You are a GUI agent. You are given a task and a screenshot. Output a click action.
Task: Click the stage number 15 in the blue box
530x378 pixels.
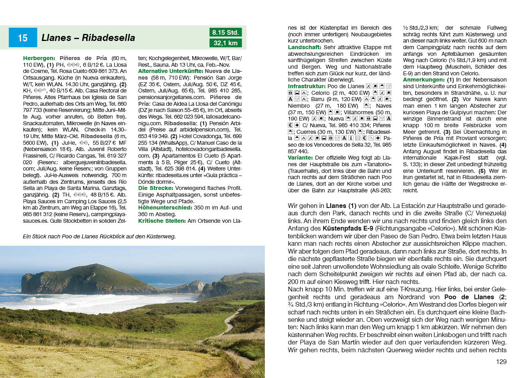[x=23, y=38]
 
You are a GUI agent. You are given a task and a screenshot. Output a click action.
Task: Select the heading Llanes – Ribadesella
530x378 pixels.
[x=88, y=38]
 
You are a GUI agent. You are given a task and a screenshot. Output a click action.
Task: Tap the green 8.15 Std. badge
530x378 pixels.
[x=225, y=32]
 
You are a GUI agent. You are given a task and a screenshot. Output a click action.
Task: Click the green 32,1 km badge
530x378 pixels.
[x=225, y=43]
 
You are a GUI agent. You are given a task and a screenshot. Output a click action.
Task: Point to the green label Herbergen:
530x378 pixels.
[x=39, y=58]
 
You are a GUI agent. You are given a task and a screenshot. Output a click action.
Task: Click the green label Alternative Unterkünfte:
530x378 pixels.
[x=170, y=71]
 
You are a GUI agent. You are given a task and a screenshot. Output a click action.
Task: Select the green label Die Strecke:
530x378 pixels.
[x=156, y=188]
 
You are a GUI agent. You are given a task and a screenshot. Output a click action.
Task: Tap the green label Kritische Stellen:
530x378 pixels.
[x=162, y=221]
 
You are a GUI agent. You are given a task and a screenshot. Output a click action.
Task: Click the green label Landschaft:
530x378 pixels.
[x=305, y=47]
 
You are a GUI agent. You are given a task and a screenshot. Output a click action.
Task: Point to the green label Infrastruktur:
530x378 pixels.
[x=307, y=86]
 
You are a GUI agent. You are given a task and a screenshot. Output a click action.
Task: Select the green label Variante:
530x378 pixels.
[x=300, y=158]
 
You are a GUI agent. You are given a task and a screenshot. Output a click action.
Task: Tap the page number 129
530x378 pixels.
[x=501, y=362]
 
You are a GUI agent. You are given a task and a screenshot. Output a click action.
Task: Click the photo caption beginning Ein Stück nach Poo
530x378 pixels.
[x=99, y=236]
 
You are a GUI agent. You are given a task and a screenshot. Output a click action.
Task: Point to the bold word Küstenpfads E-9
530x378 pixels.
[x=347, y=229]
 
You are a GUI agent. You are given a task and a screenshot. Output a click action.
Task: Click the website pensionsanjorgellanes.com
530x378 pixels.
[x=172, y=97]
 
